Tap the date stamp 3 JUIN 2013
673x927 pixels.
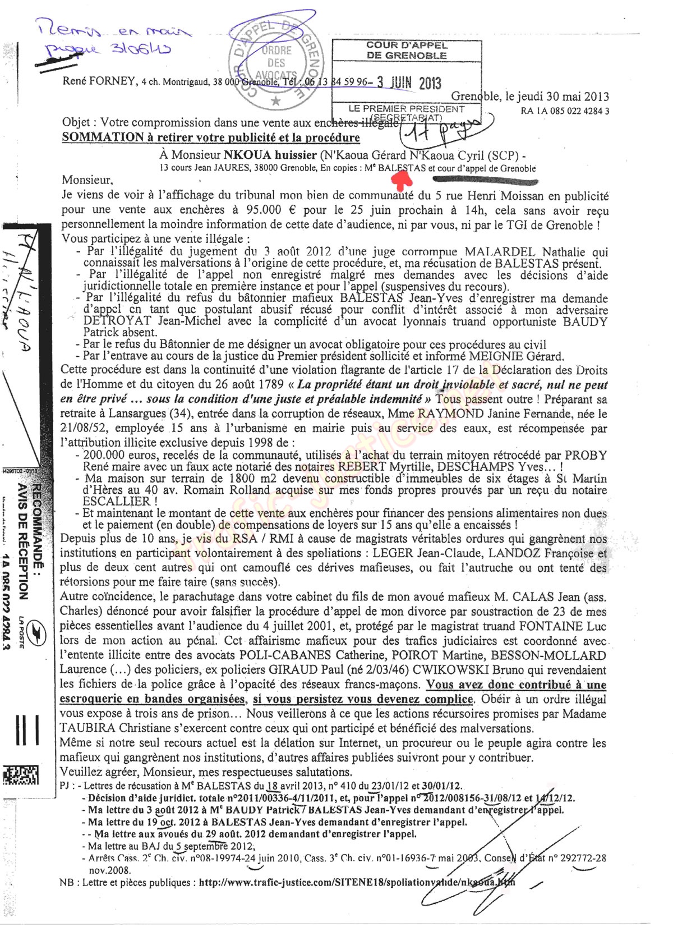pos(409,82)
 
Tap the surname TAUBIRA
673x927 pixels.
pos(86,728)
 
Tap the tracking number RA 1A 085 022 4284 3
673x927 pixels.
pos(565,111)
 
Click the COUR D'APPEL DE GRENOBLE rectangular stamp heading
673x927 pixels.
pos(407,50)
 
